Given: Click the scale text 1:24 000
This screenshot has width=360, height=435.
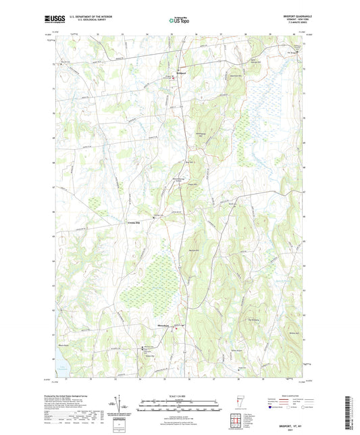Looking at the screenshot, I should coord(179,396).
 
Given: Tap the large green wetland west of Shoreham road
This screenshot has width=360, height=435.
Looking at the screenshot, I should coord(145,284).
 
